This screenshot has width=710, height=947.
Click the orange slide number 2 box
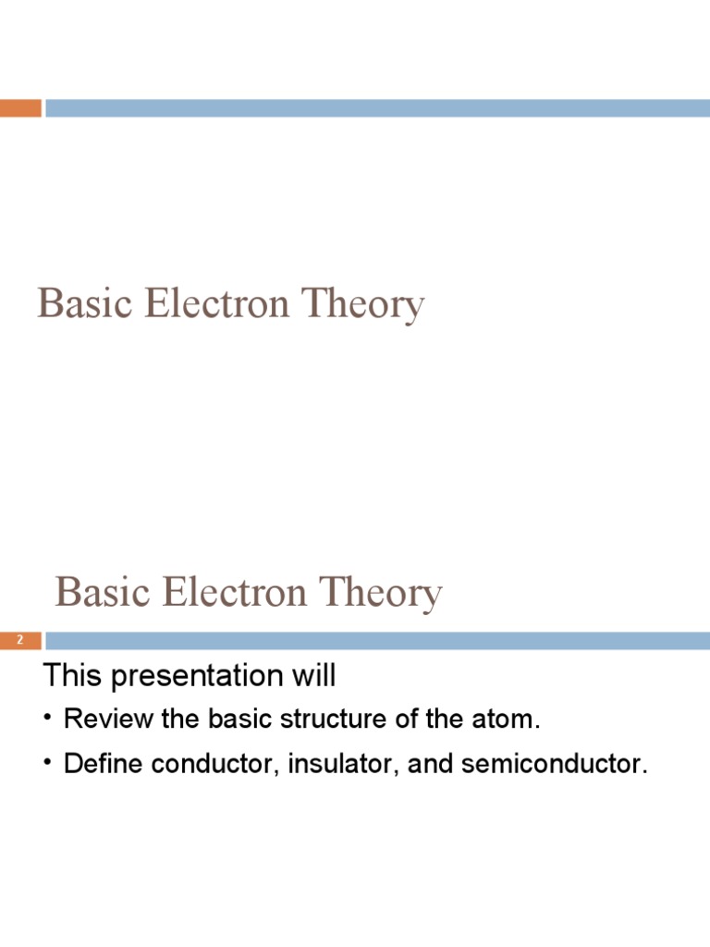pyautogui.click(x=20, y=640)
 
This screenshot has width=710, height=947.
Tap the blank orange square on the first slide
pyautogui.click(x=20, y=108)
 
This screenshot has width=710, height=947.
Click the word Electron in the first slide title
pyautogui.click(x=217, y=303)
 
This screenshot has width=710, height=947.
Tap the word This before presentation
pyautogui.click(x=73, y=676)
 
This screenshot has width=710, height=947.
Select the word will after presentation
pyautogui.click(x=313, y=676)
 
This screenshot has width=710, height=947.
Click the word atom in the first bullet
pyautogui.click(x=507, y=719)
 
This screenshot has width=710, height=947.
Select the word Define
pyautogui.click(x=98, y=764)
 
